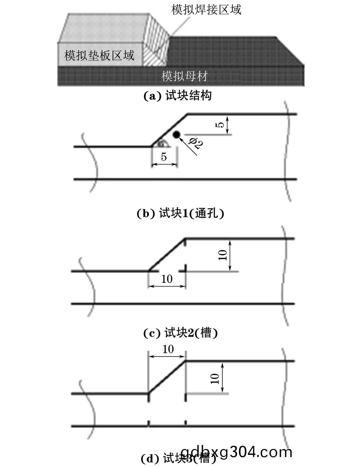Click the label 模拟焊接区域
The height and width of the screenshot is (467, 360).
click(206, 9)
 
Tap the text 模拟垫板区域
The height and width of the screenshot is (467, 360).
click(99, 55)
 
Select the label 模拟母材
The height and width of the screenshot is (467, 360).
click(184, 76)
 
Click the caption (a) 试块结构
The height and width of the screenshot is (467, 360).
click(177, 96)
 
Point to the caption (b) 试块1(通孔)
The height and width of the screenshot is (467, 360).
click(180, 213)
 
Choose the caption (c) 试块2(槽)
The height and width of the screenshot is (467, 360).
click(180, 333)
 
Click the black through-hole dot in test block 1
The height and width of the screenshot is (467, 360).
click(177, 134)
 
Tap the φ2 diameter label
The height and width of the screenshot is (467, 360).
click(196, 143)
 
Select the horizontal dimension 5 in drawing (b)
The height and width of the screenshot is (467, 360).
click(164, 156)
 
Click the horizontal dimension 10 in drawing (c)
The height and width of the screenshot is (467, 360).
click(167, 279)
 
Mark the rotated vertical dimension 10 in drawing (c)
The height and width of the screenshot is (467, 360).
click(223, 255)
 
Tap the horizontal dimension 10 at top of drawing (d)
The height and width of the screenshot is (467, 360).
click(168, 349)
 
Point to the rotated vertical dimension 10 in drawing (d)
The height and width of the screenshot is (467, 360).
click(215, 378)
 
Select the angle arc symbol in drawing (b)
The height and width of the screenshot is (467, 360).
click(161, 144)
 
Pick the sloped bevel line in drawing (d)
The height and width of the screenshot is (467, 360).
click(167, 377)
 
